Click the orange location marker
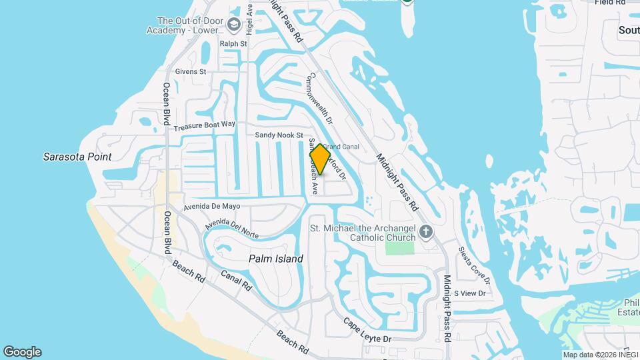(321, 159)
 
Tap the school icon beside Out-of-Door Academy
(233, 25)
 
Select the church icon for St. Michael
(426, 233)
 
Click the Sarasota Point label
(77, 157)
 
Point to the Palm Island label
(275, 259)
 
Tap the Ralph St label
(233, 44)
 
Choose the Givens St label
(191, 71)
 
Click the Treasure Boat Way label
(205, 125)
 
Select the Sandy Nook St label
(279, 135)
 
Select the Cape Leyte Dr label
(367, 333)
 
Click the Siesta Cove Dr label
(474, 264)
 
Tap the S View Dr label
(469, 293)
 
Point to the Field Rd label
(610, 3)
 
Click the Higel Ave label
(250, 20)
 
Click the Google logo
(22, 352)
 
